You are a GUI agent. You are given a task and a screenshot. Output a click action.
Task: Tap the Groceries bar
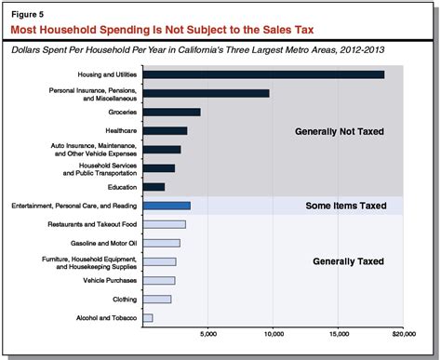[x=172, y=112]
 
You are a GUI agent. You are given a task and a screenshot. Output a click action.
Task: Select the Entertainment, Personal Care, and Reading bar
[x=167, y=206]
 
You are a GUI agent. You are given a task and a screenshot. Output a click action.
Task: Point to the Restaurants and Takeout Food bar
[x=165, y=224]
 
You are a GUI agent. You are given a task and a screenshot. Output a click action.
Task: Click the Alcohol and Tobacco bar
[x=148, y=318]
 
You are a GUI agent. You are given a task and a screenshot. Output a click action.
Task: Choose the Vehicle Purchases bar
[x=159, y=280]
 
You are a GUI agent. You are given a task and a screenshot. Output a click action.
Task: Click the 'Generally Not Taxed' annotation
[x=338, y=132]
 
